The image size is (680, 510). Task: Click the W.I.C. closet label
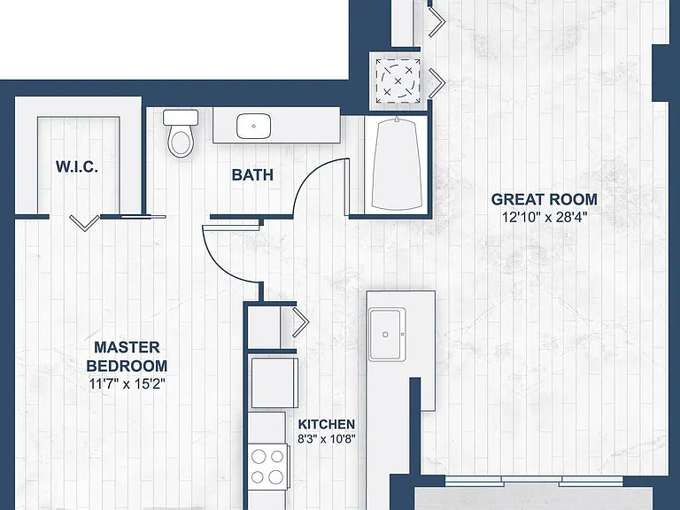(77, 167)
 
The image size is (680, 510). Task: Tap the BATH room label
(252, 174)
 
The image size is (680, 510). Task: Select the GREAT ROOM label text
(545, 199)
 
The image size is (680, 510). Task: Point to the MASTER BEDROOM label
(127, 357)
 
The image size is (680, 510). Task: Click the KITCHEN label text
(327, 424)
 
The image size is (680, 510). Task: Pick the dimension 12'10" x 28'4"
(545, 217)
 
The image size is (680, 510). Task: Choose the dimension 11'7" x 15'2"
(127, 384)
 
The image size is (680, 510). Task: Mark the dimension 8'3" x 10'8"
(327, 439)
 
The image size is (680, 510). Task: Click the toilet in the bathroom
(181, 134)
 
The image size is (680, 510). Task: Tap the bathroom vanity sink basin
(254, 127)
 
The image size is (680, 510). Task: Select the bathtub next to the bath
(397, 165)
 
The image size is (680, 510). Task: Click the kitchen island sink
(387, 335)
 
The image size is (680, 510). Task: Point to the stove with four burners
(267, 467)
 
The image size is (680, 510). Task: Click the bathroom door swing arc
(312, 174)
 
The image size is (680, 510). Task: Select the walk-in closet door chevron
(84, 223)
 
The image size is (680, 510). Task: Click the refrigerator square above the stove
(274, 382)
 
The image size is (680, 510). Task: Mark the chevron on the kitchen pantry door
(301, 322)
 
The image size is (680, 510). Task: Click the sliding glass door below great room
(533, 481)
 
